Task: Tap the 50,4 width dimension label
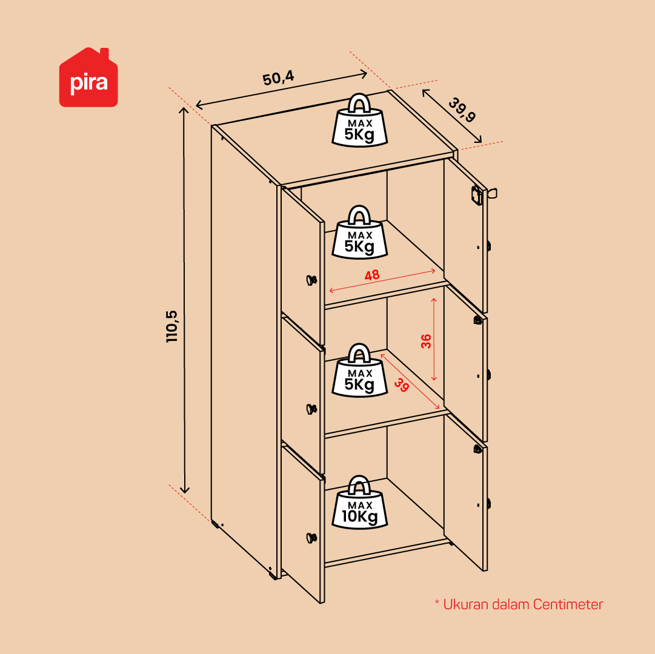point(278,78)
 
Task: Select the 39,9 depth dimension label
point(462,110)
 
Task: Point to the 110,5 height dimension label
point(171,326)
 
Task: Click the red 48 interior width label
point(372,275)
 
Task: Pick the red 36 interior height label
point(426,341)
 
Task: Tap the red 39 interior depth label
point(402,385)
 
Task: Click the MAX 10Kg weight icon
point(360,502)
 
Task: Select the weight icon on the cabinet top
point(360,120)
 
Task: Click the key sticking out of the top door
point(491,194)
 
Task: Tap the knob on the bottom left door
point(311,538)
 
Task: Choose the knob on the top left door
point(311,280)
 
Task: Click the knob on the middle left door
point(311,409)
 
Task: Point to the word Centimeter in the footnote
point(568,604)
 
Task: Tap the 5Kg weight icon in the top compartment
point(360,232)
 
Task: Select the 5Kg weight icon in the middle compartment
point(360,370)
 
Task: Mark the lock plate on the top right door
point(476,195)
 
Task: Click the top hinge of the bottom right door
point(477,449)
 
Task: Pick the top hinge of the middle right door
point(477,320)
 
